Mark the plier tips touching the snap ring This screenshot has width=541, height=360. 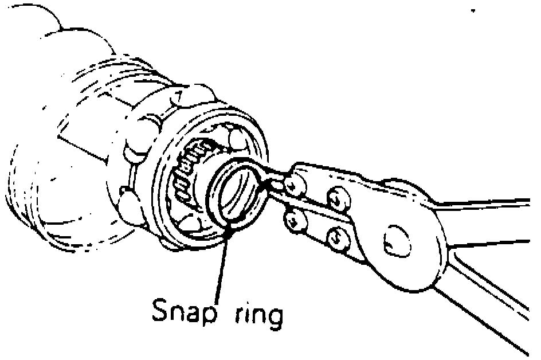(x=267, y=183)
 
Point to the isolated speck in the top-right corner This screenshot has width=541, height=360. (x=474, y=11)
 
